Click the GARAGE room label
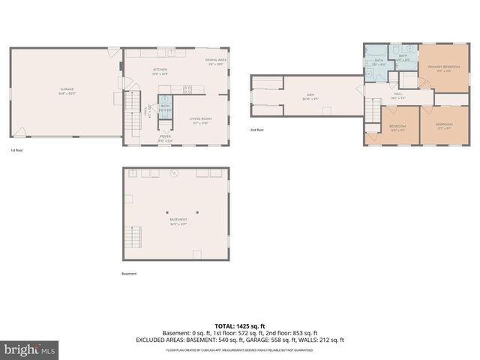pyautogui.click(x=66, y=90)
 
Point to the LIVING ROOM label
pyautogui.click(x=200, y=118)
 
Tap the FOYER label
pyautogui.click(x=166, y=138)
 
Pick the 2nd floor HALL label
pyautogui.click(x=397, y=94)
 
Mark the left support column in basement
pyautogui.click(x=168, y=211)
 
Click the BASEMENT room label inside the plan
pyautogui.click(x=178, y=220)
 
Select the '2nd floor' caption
pyautogui.click(x=258, y=130)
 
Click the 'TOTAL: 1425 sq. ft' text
pyautogui.click(x=239, y=325)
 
